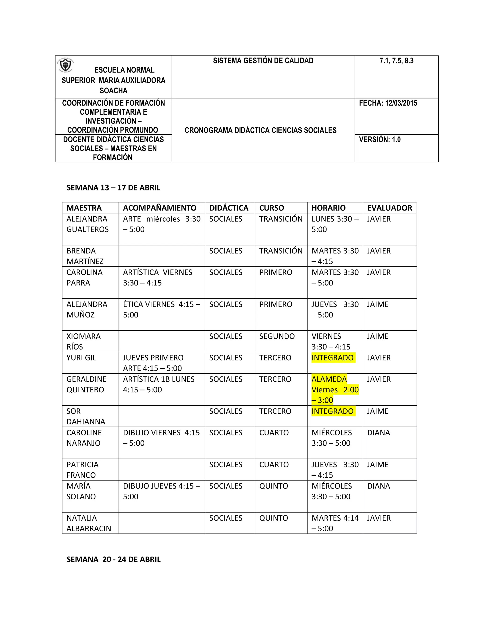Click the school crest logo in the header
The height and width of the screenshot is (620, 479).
pos(65,66)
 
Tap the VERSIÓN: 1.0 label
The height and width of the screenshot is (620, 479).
pos(380,139)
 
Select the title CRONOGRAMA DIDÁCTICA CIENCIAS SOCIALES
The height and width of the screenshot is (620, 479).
pos(260,130)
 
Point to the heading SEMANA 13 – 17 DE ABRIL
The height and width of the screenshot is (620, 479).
pos(113,188)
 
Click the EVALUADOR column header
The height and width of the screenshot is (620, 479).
pos(389,208)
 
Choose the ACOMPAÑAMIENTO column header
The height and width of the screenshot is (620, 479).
pos(160,208)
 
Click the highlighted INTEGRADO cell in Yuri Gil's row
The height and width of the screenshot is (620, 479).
pos(332,358)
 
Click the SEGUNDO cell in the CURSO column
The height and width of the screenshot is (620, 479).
pos(277,336)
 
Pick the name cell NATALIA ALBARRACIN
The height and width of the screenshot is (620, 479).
pos(89,523)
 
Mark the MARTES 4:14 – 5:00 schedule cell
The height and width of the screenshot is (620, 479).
pos(335,523)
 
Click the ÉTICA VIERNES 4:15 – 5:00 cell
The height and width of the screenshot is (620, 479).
pos(161,310)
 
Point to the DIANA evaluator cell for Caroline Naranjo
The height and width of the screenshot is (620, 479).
pos(379,433)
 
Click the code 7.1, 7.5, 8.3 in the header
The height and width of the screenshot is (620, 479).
pos(396,61)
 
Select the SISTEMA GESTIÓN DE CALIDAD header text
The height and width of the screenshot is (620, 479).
pos(263,61)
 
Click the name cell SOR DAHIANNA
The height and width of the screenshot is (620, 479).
pos(86,416)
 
